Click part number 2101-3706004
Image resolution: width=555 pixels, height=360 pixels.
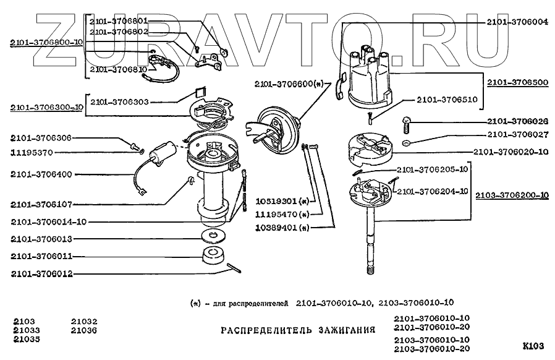(x=517, y=21)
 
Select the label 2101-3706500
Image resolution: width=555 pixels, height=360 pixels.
(x=517, y=82)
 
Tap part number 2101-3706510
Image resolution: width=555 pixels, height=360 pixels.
(x=446, y=99)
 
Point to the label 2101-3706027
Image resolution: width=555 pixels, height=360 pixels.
(x=517, y=134)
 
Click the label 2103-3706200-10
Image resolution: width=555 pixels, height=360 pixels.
(x=512, y=195)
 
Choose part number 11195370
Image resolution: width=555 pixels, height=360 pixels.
(x=40, y=152)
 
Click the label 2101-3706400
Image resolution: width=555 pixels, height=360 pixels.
(x=41, y=175)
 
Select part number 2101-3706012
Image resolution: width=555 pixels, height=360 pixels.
(x=41, y=272)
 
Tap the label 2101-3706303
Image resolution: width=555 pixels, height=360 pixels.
(x=120, y=101)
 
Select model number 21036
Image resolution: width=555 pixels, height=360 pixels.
(x=83, y=330)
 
